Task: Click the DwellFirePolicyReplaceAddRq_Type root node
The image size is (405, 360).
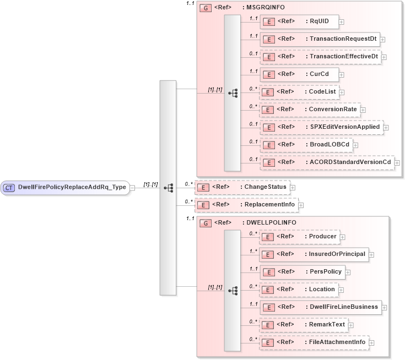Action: (65, 188)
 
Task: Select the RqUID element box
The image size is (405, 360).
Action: (298, 21)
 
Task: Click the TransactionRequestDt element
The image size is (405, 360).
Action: (319, 39)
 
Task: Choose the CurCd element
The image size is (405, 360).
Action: (299, 74)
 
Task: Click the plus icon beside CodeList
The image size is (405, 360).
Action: (342, 92)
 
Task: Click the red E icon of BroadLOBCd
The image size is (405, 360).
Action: (267, 145)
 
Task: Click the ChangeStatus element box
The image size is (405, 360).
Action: (242, 188)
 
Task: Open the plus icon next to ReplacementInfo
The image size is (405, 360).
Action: (301, 205)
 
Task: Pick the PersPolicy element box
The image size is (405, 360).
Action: (301, 272)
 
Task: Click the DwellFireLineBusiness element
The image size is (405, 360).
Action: (319, 307)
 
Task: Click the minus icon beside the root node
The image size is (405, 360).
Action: (132, 188)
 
